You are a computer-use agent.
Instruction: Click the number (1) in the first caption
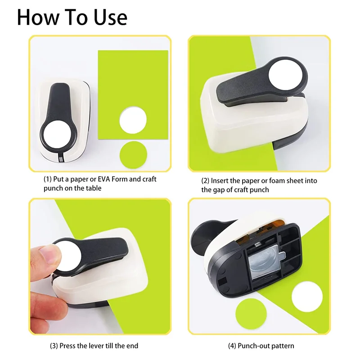click(x=48, y=179)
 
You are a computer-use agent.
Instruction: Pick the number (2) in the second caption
click(x=205, y=181)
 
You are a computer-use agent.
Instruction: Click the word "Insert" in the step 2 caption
click(x=220, y=181)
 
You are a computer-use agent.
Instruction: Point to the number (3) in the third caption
click(x=54, y=346)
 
